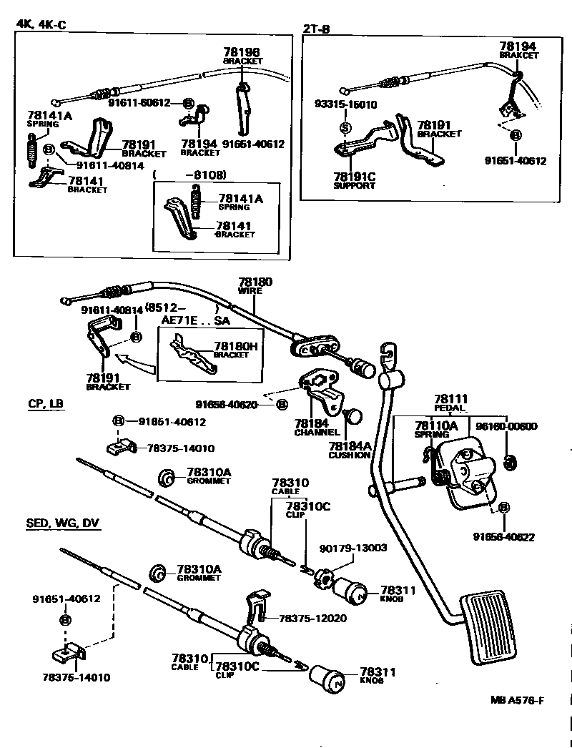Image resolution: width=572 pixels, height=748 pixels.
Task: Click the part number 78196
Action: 241,52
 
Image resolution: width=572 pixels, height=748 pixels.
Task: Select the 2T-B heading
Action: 316,29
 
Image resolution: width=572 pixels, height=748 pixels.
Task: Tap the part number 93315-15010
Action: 345,104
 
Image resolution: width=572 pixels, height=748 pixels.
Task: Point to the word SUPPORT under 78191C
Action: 354,185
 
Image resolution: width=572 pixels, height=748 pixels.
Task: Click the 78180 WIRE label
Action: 255,287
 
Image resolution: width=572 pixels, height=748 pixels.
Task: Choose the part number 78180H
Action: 235,347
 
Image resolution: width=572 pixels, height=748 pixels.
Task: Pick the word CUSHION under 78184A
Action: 350,455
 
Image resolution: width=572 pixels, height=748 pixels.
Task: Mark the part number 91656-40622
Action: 503,536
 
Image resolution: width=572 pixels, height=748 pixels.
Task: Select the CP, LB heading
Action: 46,404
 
